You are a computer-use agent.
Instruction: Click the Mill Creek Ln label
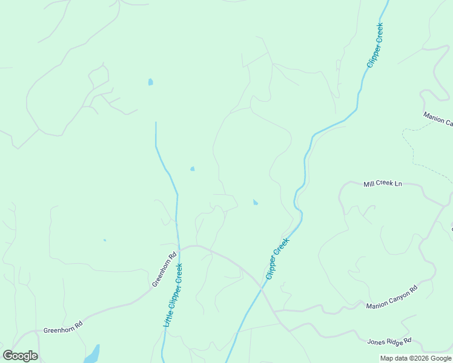382,183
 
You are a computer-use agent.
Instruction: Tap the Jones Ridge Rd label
389,341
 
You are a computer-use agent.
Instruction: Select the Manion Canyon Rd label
392,297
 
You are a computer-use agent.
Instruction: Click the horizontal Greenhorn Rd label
62,331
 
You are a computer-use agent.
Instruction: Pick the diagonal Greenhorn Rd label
163,269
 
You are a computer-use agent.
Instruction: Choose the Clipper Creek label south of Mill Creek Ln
277,258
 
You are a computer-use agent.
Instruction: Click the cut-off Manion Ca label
437,119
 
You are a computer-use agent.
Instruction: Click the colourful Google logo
20,356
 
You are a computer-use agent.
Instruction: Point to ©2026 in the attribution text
417,358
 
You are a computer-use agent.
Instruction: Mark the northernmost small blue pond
150,82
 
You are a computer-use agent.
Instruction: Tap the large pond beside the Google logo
91,354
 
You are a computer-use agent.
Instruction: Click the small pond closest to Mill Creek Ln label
255,202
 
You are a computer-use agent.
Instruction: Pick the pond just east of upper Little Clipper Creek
193,169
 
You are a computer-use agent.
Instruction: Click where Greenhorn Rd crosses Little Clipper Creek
178,249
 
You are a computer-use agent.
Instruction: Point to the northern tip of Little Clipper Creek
156,123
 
